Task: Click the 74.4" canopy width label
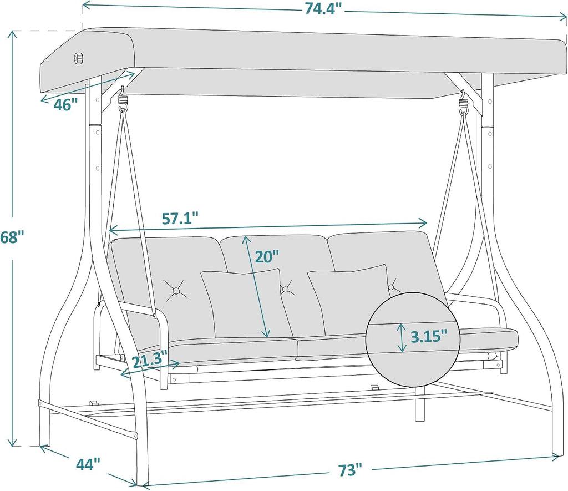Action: [x=323, y=8]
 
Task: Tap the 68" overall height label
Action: [x=12, y=237]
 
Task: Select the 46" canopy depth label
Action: [x=65, y=105]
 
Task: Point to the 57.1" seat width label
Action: [x=180, y=219]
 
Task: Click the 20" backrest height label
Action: [x=267, y=256]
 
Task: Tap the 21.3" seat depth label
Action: [x=149, y=361]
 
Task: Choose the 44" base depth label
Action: [x=88, y=464]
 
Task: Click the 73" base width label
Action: [x=350, y=470]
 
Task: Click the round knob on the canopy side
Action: [x=79, y=58]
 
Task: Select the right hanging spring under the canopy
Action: [x=464, y=103]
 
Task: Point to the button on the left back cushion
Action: [x=176, y=291]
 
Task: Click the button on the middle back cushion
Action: [x=286, y=289]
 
